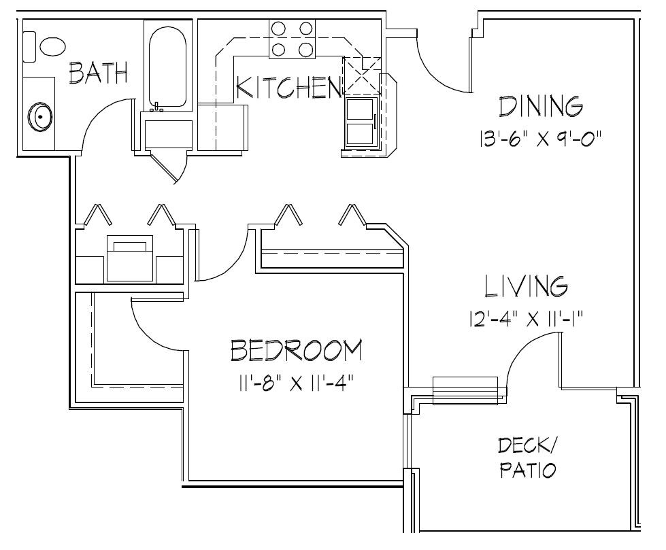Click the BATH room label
tap(99, 73)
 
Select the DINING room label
tap(541, 107)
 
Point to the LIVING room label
tap(527, 286)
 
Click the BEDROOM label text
tap(296, 351)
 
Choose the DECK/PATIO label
tap(528, 458)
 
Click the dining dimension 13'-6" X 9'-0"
tap(539, 139)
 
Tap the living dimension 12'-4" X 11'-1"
tap(527, 318)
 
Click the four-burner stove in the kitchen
tap(292, 39)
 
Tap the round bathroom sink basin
tap(40, 117)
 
